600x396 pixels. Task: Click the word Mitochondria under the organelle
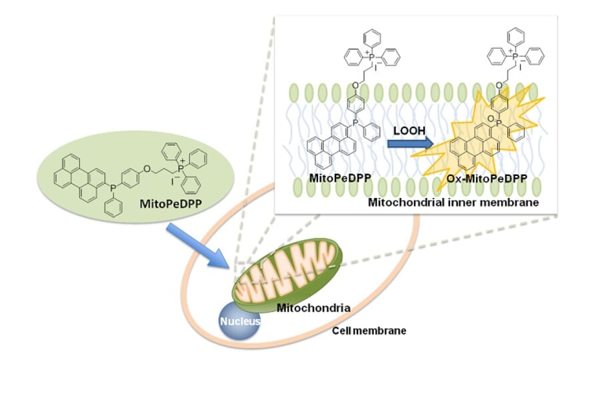click(x=313, y=308)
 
